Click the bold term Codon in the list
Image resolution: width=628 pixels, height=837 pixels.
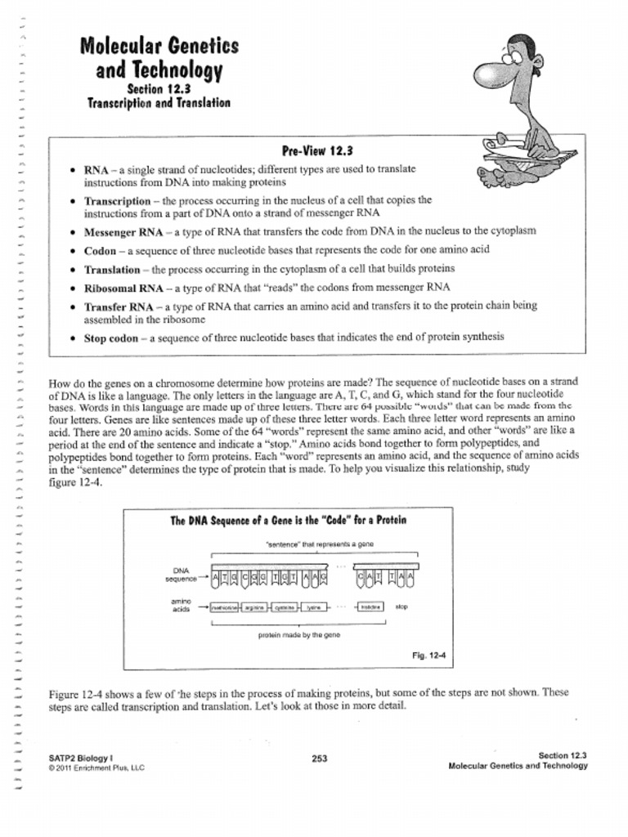tap(101, 249)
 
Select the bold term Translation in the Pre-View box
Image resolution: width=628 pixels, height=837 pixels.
tap(112, 269)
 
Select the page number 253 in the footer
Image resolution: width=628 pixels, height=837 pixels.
tap(320, 759)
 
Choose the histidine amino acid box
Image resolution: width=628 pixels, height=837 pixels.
tap(371, 607)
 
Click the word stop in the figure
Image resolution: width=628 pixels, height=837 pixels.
tap(401, 607)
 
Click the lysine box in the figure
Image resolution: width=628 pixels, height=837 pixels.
tap(313, 607)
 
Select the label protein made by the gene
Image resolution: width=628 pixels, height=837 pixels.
tap(299, 634)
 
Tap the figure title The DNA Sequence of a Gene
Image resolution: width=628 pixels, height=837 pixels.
tap(288, 521)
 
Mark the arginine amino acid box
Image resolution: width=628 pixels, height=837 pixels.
tap(255, 607)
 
